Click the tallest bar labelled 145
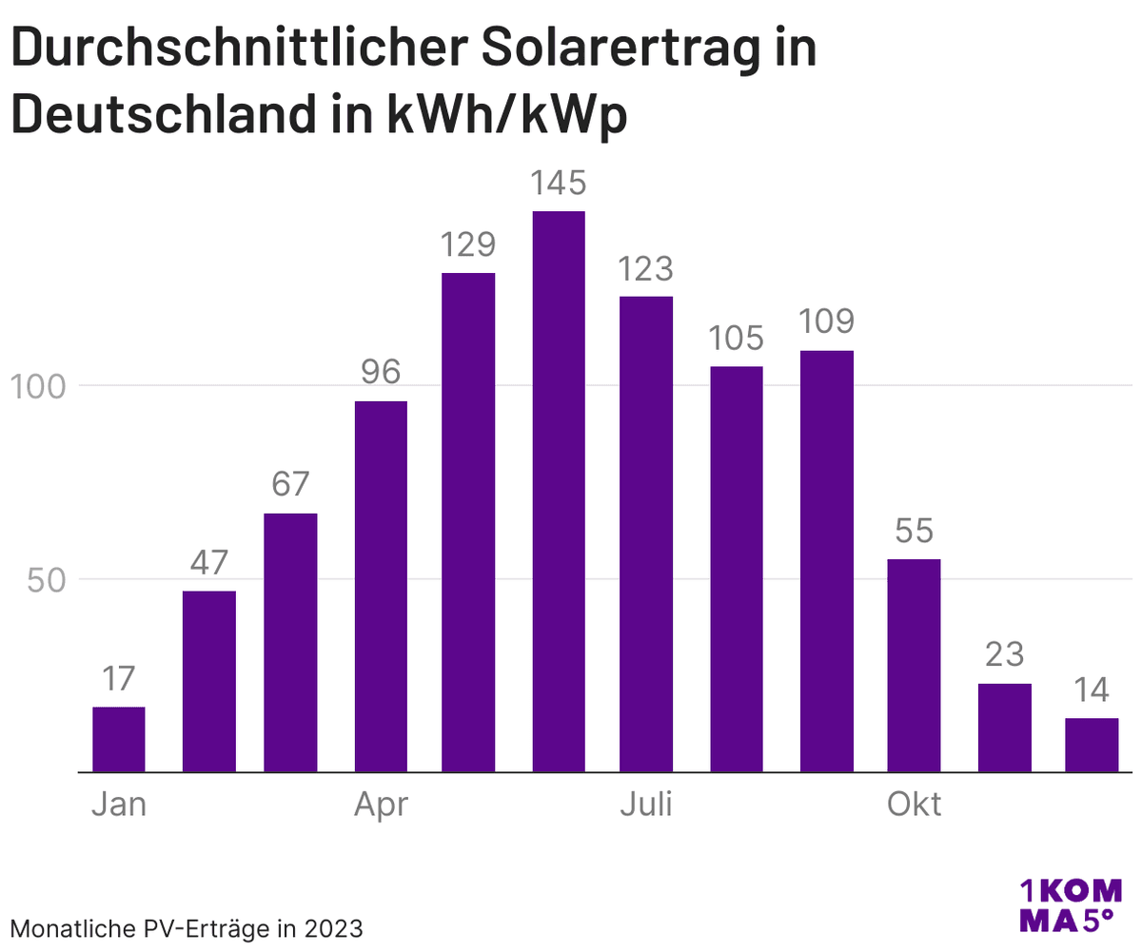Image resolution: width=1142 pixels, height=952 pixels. (x=559, y=491)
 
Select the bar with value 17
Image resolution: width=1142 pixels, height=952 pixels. (x=119, y=739)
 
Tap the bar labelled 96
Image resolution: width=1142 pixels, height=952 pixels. (x=381, y=586)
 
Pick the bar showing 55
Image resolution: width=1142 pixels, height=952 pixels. (x=914, y=665)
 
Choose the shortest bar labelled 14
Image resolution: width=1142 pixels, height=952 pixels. (x=1092, y=745)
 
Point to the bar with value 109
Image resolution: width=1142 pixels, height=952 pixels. (x=827, y=561)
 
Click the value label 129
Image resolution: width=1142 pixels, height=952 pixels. (x=468, y=245)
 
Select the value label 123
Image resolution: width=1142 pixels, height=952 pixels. (x=646, y=269)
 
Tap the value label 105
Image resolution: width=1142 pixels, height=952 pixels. (x=736, y=339)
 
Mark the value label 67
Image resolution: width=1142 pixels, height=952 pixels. (x=290, y=485)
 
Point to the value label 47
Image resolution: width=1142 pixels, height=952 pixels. (x=208, y=563)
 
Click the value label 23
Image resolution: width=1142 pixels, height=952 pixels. (x=1004, y=655)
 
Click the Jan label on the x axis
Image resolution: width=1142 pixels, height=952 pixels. (x=119, y=805)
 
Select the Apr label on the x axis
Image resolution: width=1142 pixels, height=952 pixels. (x=381, y=805)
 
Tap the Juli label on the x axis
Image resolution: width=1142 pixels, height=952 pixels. (x=646, y=805)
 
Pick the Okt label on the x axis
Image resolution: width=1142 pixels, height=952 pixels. (x=914, y=805)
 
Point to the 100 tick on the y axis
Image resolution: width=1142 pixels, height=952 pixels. (x=38, y=386)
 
